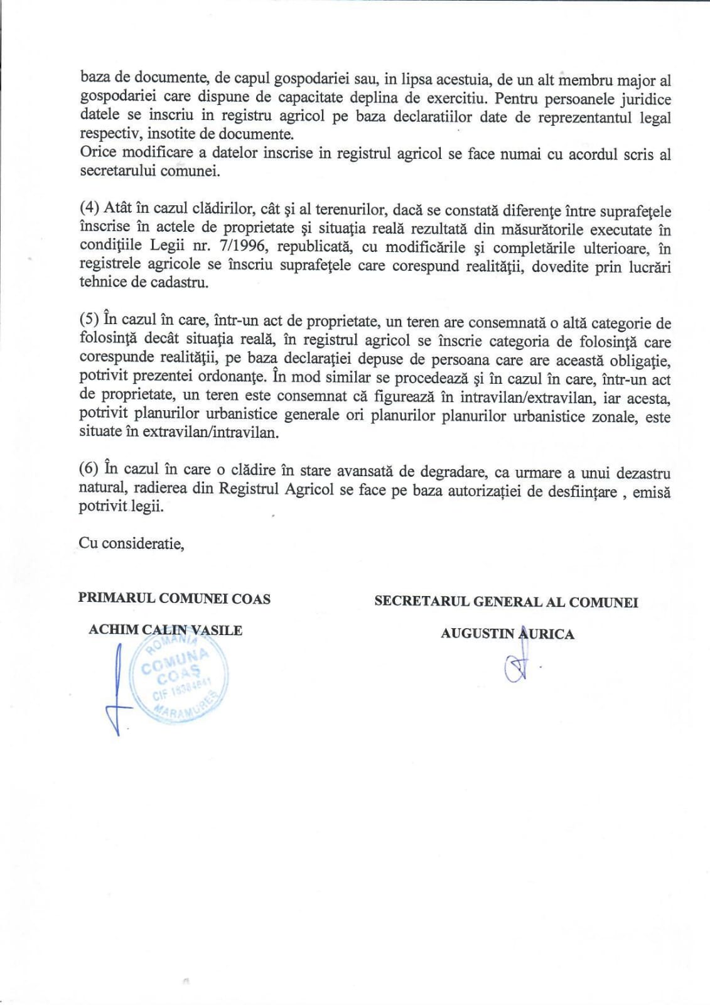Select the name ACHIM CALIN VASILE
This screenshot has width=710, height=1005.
165,630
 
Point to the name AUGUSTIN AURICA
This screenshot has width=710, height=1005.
507,633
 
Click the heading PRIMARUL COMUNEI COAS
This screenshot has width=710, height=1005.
175,598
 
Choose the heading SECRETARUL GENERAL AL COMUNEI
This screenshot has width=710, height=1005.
506,602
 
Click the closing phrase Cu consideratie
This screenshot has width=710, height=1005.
131,543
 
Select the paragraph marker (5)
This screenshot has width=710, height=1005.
89,319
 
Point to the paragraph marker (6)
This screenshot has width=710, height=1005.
89,468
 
